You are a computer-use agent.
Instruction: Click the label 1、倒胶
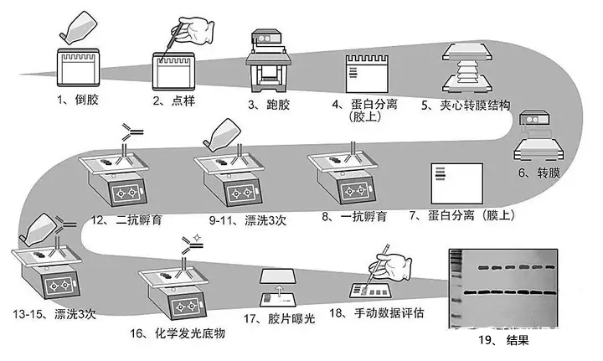point(79,102)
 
